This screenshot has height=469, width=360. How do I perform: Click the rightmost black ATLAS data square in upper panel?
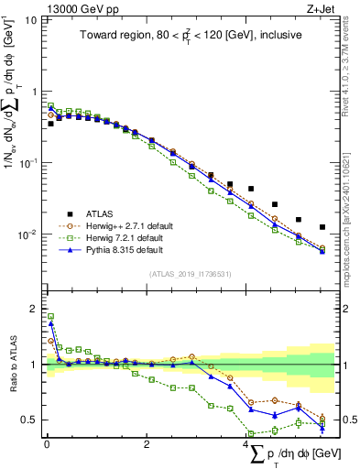pyautogui.click(x=322, y=227)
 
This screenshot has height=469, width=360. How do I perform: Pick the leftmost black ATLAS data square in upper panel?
pyautogui.click(x=50, y=123)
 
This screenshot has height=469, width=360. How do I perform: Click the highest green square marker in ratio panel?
pyautogui.click(x=50, y=316)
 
